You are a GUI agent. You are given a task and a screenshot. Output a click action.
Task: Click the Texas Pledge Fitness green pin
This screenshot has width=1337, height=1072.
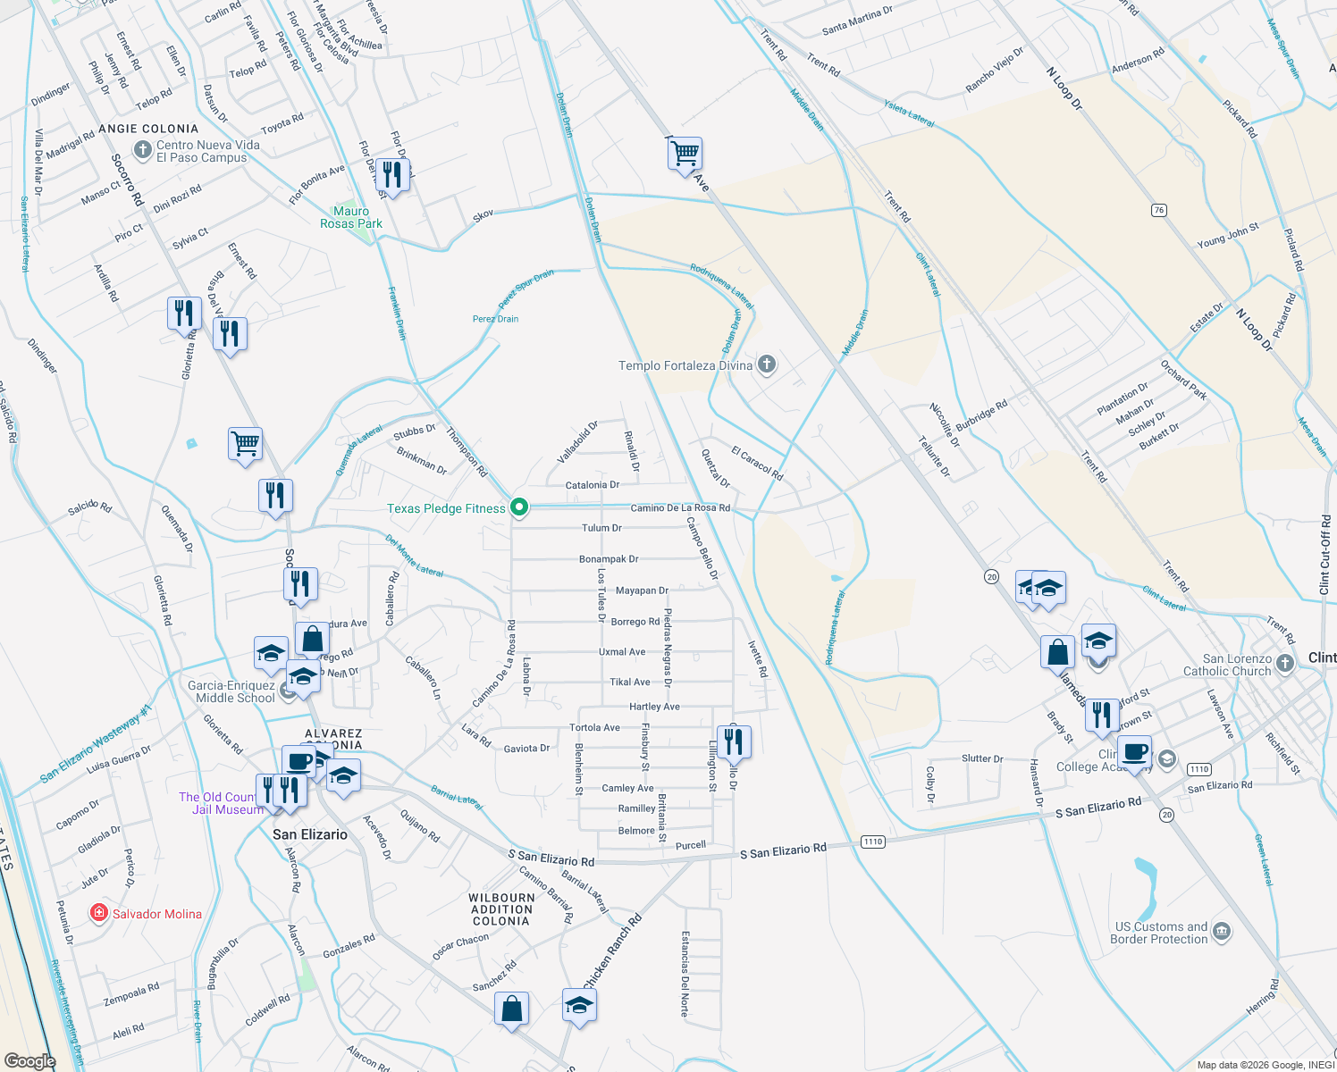tap(518, 507)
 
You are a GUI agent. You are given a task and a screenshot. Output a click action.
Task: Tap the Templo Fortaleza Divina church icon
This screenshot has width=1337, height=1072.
tap(766, 364)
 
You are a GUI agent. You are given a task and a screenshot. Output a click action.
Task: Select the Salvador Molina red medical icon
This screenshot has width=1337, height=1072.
tap(99, 913)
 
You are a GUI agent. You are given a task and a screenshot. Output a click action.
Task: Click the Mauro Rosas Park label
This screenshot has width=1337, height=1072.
tap(351, 217)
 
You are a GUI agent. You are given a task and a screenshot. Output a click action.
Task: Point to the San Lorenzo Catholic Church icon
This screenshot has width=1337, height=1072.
tap(1284, 663)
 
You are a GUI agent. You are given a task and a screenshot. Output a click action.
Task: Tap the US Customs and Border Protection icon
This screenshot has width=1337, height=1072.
tap(1222, 933)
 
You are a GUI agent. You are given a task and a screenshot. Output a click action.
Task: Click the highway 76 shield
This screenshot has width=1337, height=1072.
tap(1159, 210)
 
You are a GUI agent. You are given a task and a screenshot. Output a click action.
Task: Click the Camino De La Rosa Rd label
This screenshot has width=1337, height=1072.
tap(680, 508)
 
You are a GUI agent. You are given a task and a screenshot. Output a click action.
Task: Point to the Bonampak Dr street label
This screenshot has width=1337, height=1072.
tap(609, 559)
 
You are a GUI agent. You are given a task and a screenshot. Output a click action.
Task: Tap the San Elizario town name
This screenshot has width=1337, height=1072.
tap(310, 834)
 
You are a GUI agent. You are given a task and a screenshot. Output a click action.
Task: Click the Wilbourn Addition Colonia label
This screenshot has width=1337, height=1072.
tap(501, 909)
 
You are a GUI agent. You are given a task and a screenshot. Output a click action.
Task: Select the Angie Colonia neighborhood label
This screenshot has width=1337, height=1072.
tap(148, 129)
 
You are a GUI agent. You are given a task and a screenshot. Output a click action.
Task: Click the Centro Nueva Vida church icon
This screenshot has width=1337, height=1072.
tap(142, 149)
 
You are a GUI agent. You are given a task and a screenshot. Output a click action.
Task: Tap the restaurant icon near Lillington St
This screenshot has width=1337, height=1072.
tap(734, 741)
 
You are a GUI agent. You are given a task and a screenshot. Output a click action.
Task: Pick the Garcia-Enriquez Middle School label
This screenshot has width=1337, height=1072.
tap(231, 691)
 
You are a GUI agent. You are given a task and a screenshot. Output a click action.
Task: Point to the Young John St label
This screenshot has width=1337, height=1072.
tap(1228, 236)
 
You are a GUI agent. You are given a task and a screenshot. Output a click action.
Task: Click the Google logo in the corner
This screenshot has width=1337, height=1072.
tap(29, 1060)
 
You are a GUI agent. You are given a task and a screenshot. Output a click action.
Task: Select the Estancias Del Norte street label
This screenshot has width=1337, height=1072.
tap(685, 973)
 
